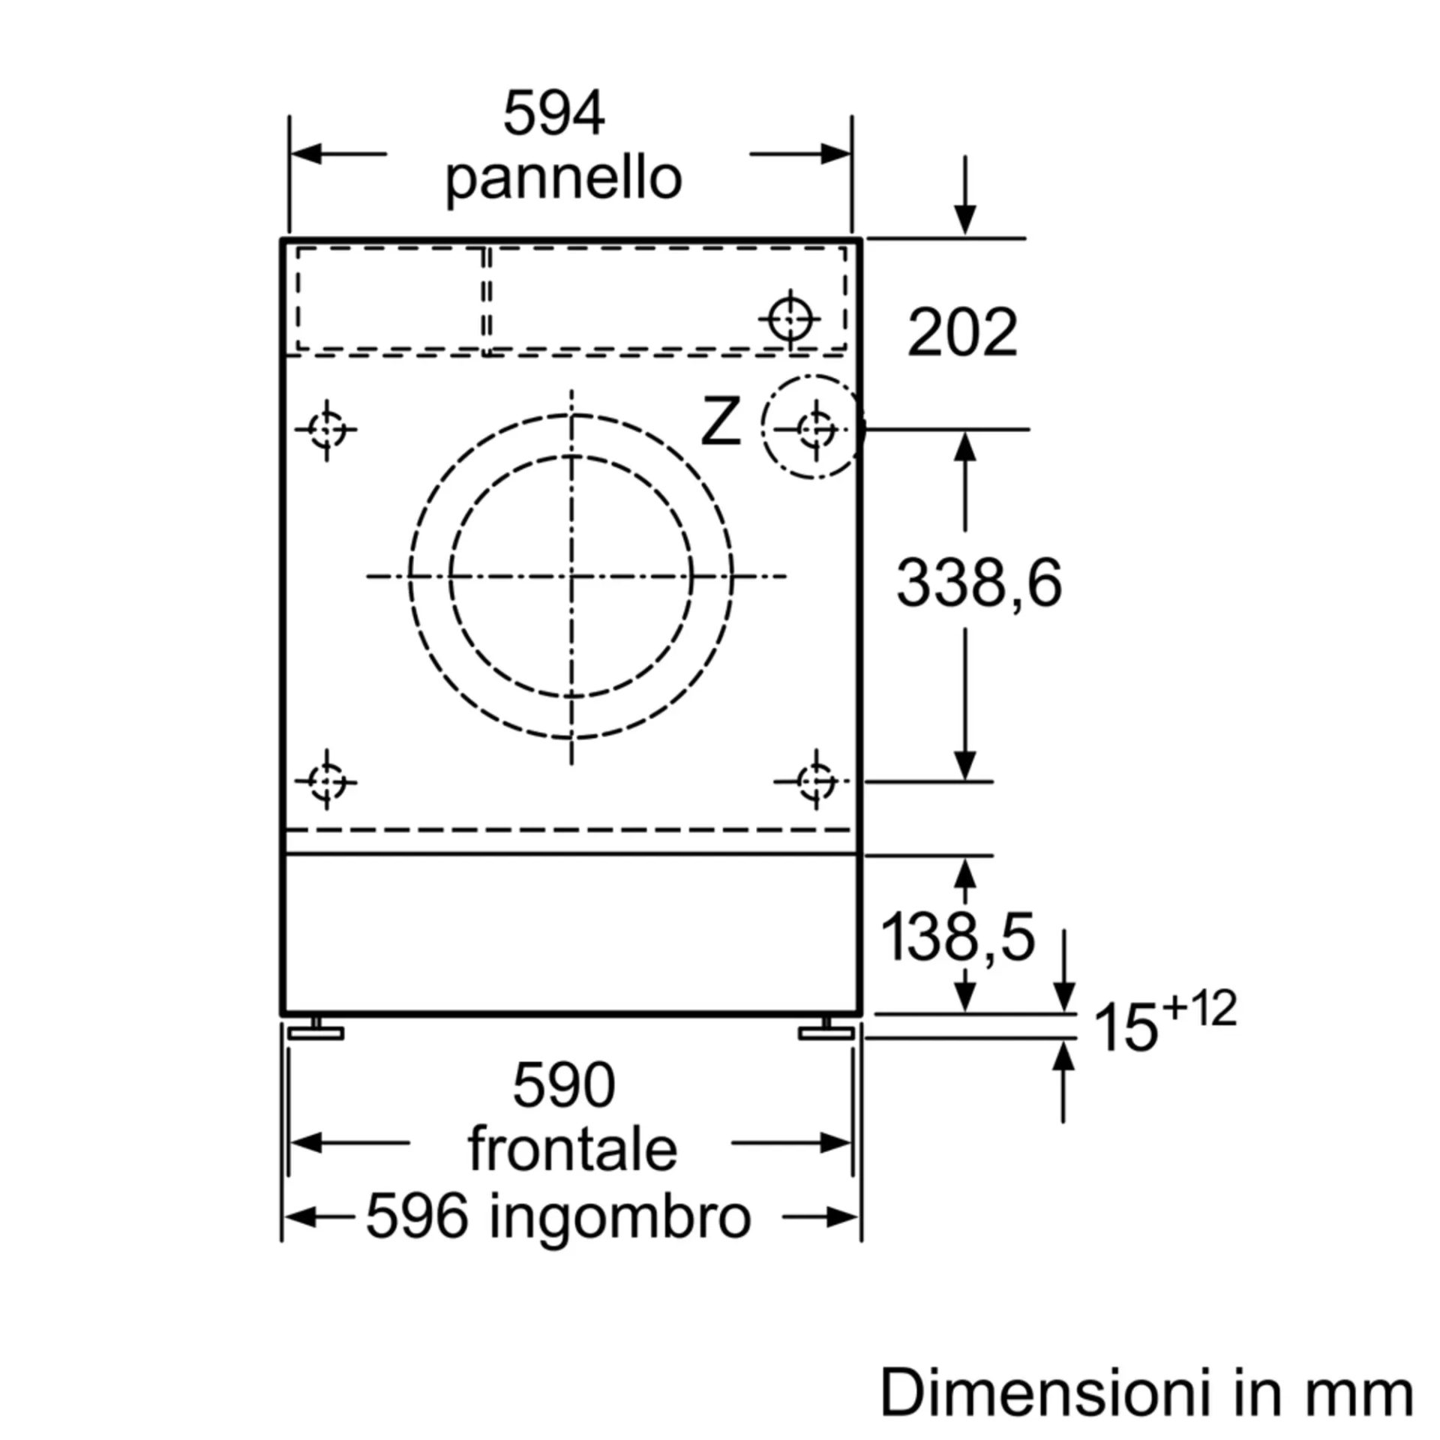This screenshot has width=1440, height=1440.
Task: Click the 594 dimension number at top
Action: point(553,114)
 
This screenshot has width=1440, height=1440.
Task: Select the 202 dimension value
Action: point(962,332)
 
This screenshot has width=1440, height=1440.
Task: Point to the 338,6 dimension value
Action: point(979,583)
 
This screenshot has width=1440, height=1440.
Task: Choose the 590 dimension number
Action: point(564,1085)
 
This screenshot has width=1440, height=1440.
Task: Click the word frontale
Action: point(573,1148)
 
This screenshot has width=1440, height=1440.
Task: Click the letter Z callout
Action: point(721,424)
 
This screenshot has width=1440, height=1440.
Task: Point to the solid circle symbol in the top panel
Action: point(790,319)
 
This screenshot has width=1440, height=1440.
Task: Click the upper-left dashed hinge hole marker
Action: point(327,430)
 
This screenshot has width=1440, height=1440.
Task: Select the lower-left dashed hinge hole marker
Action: point(327,781)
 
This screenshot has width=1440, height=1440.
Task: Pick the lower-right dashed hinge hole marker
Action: point(816,781)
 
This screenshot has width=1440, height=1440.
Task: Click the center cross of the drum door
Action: point(571,576)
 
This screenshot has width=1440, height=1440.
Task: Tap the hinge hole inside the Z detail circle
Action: point(816,430)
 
